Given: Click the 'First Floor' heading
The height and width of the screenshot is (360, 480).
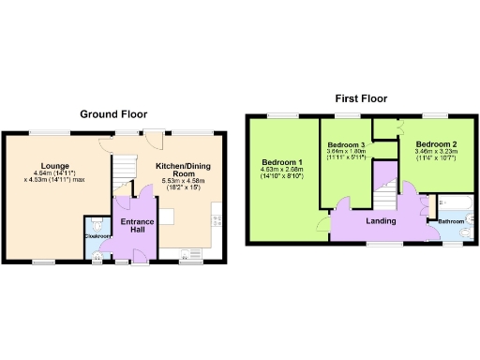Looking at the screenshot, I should (x=361, y=97).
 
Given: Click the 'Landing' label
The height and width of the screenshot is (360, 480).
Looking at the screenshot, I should (x=379, y=221).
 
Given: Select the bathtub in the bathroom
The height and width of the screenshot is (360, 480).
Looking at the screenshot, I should (x=457, y=202).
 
